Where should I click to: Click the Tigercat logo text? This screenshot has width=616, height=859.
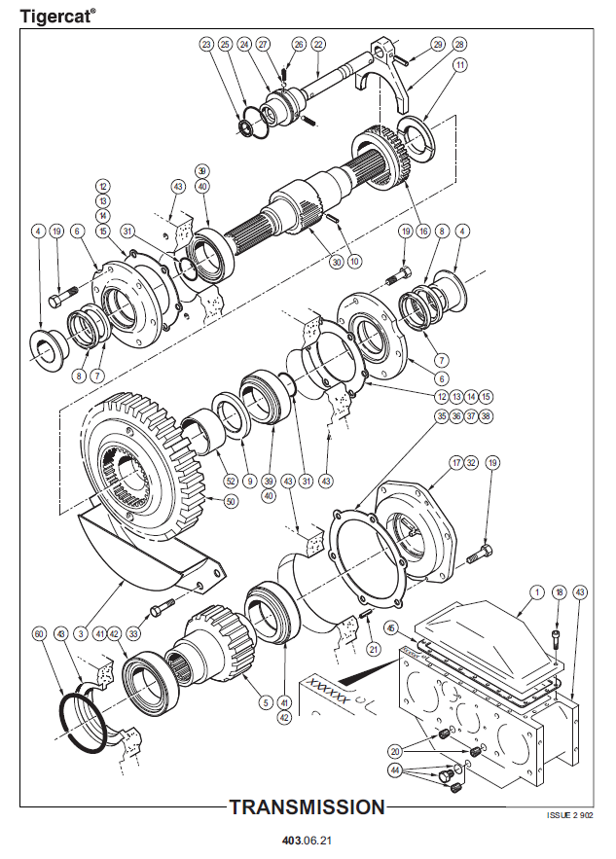(57, 17)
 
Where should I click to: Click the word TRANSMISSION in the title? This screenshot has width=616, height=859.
(308, 806)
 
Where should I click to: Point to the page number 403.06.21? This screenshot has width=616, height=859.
(308, 840)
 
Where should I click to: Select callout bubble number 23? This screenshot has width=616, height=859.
(206, 45)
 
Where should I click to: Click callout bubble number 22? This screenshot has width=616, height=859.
(318, 45)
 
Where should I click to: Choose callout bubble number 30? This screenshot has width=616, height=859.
(337, 261)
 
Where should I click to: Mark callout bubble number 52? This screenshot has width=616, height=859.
(231, 480)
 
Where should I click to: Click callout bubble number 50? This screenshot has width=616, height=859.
(231, 501)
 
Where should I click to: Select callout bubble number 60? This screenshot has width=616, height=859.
(40, 633)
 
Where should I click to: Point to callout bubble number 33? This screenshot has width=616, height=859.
(133, 633)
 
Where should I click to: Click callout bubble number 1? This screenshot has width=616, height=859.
(536, 591)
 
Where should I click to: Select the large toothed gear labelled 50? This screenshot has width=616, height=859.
(146, 457)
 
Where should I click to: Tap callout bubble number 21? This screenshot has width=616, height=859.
(371, 649)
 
